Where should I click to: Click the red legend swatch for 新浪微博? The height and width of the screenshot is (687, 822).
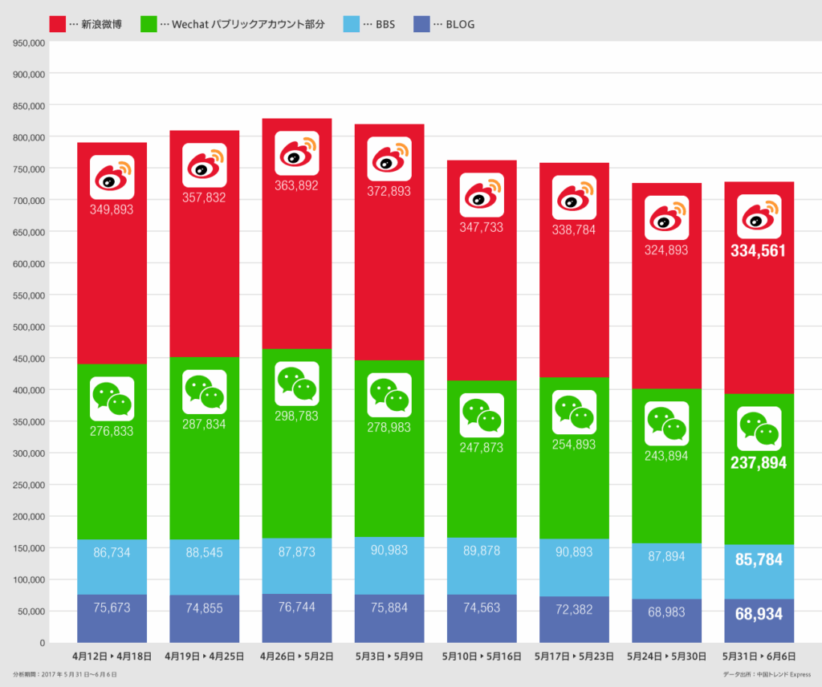coord(58,24)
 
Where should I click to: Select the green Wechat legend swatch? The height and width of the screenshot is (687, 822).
coord(149,24)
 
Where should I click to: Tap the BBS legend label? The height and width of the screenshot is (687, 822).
coord(385,25)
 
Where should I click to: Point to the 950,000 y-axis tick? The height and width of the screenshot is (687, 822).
coord(28,43)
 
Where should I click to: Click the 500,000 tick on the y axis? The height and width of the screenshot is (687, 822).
coord(28,327)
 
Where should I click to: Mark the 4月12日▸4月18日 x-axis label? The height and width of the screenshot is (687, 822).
coord(112,657)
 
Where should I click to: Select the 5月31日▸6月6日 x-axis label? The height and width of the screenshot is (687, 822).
coord(759,657)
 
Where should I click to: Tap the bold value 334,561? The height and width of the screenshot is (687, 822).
coord(759,251)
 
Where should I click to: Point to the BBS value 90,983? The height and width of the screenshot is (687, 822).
coord(389,551)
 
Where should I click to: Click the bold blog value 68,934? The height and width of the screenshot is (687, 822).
coord(759,614)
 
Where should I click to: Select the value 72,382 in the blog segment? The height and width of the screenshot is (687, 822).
coord(574,610)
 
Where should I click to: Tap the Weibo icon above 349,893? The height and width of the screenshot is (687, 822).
coord(112,177)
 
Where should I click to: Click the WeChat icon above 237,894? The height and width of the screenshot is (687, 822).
coord(759,429)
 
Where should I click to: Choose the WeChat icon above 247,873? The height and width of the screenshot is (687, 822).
coord(482,415)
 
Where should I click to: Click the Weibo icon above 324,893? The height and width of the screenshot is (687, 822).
coord(666,217)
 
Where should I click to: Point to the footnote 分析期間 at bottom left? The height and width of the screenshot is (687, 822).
coord(64,675)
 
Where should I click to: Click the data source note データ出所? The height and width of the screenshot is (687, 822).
coord(767,675)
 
